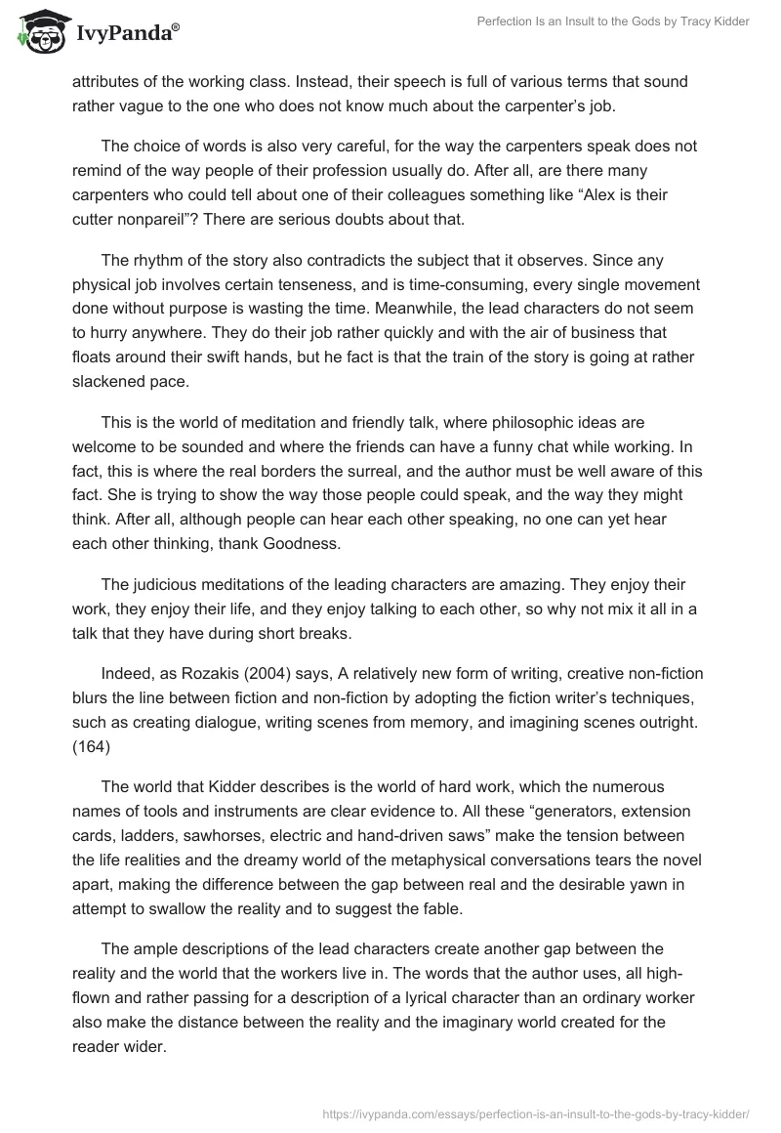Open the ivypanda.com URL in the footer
tap(535, 1112)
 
